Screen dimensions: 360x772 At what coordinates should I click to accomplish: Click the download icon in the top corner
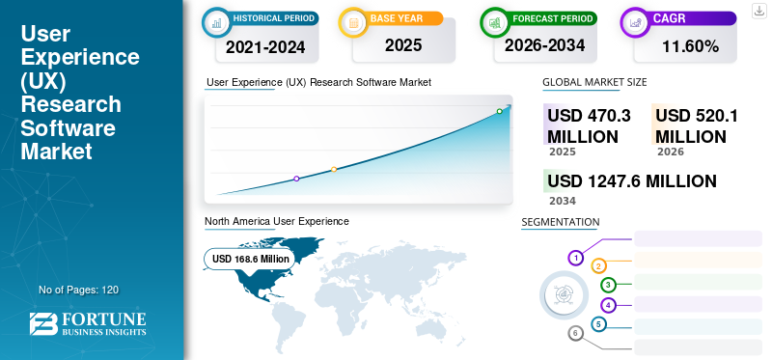758,10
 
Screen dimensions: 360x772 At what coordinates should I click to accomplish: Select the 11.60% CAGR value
690,45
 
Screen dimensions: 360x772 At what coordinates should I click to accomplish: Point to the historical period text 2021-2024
264,45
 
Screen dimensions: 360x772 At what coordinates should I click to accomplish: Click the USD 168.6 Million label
251,259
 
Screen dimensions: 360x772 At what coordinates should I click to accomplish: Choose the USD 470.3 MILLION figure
589,125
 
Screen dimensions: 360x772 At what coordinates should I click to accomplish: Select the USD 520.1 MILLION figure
697,125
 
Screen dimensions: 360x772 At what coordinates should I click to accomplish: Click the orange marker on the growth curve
334,170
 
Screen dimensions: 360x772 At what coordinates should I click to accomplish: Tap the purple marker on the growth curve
296,179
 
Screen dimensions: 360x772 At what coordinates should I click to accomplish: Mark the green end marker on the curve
500,112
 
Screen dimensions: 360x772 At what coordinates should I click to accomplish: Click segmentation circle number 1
576,258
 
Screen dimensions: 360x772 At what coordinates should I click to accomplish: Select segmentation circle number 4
608,305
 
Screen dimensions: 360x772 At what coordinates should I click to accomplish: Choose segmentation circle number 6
576,333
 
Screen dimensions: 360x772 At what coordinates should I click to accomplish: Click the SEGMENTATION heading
561,222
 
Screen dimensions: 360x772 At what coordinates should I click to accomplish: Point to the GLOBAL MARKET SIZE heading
594,82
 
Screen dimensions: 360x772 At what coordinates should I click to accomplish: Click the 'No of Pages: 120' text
78,290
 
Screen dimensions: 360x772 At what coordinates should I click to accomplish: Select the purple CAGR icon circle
635,20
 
